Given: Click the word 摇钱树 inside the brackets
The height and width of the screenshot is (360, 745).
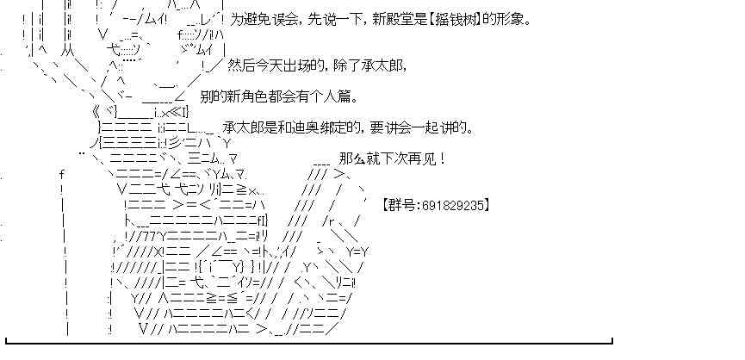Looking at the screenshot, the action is (455, 20).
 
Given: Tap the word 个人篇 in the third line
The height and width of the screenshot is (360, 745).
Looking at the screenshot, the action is (334, 96).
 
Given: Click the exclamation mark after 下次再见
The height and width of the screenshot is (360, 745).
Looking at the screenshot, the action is (443, 158).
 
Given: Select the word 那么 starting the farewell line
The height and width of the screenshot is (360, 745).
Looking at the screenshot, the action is (352, 158).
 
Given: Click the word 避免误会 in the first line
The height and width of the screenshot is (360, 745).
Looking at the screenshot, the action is (269, 20).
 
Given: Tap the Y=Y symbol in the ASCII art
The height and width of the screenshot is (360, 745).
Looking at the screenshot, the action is (357, 251).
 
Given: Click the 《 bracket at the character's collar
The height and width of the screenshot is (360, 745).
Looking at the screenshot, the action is (96, 113).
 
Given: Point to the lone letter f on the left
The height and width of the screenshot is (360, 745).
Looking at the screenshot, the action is (62, 174).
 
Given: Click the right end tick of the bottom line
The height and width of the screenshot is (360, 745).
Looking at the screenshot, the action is (612, 340).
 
